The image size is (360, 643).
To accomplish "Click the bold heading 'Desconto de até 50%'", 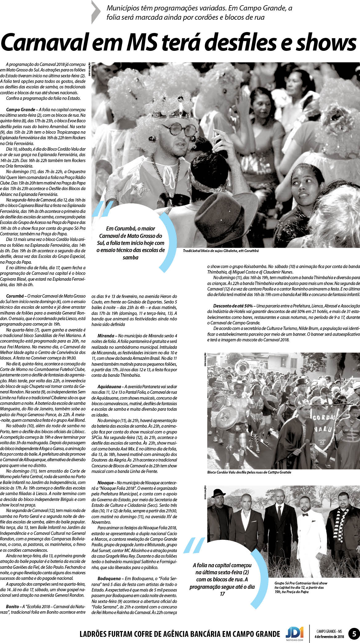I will [x=233, y=306].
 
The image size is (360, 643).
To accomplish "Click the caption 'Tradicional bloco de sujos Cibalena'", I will [x=220, y=251].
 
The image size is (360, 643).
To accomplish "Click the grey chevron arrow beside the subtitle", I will [x=96, y=12].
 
